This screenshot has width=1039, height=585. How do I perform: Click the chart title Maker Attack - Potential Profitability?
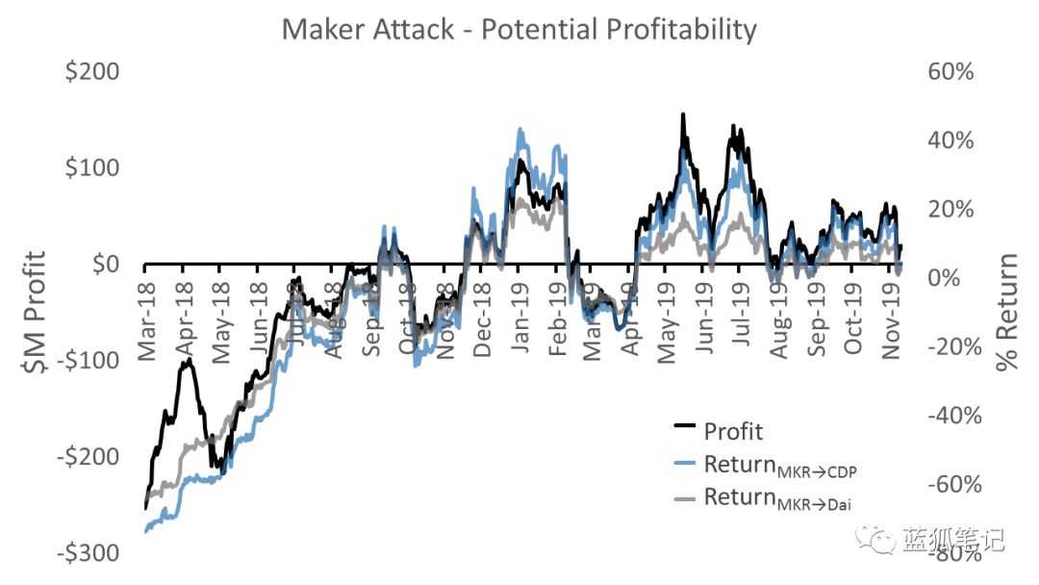tap(519, 29)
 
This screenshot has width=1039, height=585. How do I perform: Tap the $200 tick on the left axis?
tap(92, 72)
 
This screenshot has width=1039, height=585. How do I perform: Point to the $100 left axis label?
tap(92, 168)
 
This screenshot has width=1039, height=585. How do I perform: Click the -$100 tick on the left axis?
tap(89, 361)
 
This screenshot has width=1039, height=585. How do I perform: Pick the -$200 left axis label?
tap(89, 457)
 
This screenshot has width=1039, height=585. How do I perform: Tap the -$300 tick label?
tap(89, 553)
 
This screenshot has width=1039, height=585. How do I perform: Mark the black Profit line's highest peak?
tap(683, 114)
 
